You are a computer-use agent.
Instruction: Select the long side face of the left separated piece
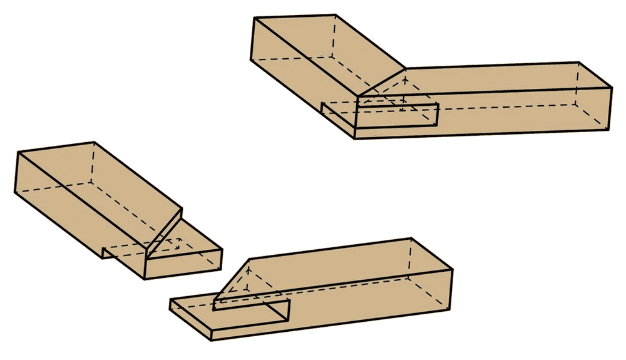75,213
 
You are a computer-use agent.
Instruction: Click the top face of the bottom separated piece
344,263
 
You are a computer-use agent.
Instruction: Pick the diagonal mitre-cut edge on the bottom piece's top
232,279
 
